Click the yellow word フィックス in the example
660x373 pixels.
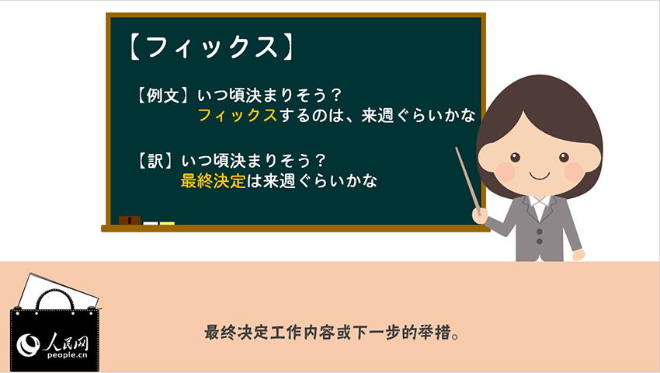click(237, 115)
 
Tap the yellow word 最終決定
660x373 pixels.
click(213, 181)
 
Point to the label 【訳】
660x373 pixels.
click(155, 161)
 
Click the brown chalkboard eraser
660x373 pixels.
click(130, 221)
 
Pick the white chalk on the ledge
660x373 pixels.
click(151, 223)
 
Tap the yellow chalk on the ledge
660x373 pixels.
click(167, 223)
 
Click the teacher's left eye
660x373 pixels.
click(515, 158)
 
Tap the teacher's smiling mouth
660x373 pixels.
click(539, 176)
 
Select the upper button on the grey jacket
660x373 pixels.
click(539, 232)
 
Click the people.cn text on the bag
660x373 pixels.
click(68, 355)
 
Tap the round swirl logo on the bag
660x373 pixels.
click(28, 344)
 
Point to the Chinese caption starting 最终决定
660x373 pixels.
click(332, 333)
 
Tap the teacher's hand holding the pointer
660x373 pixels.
click(479, 216)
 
